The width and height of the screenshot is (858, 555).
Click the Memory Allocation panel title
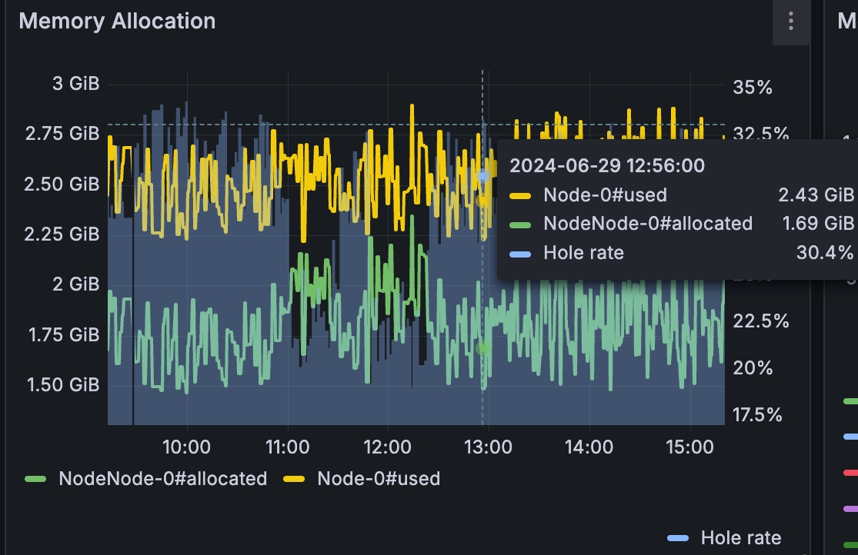[x=117, y=21]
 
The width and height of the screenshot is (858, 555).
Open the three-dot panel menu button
[x=790, y=22]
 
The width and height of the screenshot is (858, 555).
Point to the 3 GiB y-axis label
[x=75, y=84]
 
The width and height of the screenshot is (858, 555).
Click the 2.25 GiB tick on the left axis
[x=62, y=234]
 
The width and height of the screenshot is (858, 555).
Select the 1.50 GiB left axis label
[x=63, y=384]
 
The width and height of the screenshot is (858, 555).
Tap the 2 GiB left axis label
[x=75, y=284]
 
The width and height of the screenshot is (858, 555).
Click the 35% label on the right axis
[x=753, y=87]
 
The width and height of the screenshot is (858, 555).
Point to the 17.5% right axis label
[x=757, y=415]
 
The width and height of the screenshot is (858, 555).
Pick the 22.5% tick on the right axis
[x=760, y=321]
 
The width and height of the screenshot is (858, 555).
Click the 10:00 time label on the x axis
[x=187, y=447]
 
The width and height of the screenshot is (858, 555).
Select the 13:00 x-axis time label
[x=488, y=447]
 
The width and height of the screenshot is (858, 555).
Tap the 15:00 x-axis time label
[x=689, y=447]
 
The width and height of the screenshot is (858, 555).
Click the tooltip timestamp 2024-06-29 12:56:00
[x=607, y=165]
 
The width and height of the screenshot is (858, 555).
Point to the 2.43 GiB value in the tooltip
[x=816, y=194]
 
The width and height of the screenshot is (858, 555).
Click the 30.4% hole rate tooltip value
[x=824, y=252]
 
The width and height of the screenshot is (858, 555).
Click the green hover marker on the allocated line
[x=483, y=347]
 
